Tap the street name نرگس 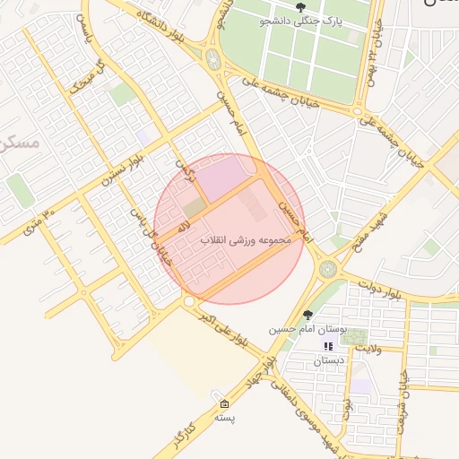point(185,168)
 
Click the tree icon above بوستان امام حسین point(308,316)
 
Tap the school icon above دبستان point(328,346)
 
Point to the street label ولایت point(377,340)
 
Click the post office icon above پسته point(223,404)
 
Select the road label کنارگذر point(179,434)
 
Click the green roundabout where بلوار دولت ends point(328,267)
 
